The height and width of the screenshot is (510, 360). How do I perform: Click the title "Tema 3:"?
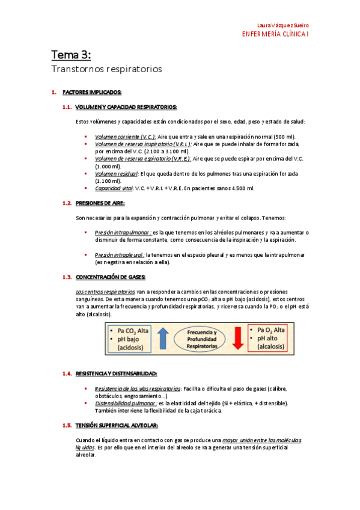71,55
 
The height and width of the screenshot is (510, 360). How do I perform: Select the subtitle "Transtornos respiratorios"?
106,69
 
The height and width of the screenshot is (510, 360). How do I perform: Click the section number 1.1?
67,107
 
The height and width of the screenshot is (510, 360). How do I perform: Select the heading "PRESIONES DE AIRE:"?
100,203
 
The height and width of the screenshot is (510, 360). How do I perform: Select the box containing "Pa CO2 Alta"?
130,338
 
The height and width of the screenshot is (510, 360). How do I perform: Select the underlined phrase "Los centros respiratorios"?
101,292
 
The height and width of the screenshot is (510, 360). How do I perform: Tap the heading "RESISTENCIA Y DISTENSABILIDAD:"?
117,373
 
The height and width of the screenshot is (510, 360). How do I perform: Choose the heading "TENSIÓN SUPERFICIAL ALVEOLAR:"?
117,425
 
